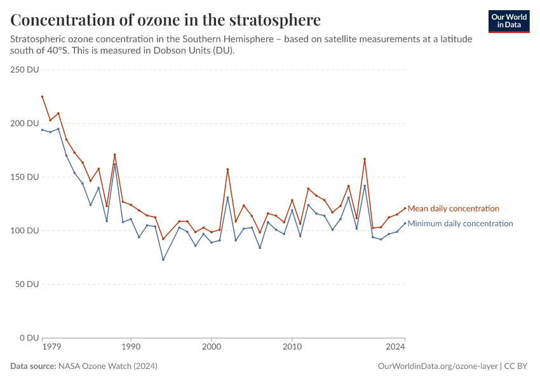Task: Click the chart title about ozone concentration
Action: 165,20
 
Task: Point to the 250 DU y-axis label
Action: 25,69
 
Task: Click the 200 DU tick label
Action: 25,123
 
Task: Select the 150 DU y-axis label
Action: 25,177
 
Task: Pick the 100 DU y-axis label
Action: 25,231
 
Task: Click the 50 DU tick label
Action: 28,284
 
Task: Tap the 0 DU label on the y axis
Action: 30,338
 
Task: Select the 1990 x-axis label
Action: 131,347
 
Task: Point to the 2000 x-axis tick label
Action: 211,347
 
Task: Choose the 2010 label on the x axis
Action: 292,347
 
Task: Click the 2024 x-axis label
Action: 396,347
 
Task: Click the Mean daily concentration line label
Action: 453,208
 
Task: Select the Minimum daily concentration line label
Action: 460,224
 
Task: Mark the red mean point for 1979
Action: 43,97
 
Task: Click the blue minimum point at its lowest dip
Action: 163,260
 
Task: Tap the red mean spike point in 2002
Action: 227,169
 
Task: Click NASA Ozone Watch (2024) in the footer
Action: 107,366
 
